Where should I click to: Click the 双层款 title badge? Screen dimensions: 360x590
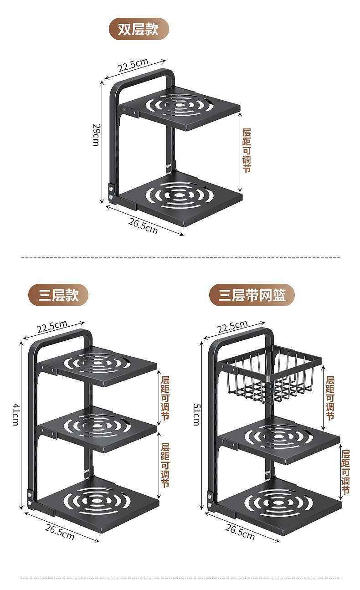click(x=139, y=29)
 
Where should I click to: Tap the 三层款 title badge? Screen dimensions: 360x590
click(x=58, y=295)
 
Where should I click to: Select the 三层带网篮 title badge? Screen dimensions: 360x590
click(x=252, y=295)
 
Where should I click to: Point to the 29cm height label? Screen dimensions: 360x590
click(x=96, y=134)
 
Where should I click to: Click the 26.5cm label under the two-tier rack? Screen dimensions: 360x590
click(x=143, y=226)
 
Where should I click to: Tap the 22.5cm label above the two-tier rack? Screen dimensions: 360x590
click(x=133, y=65)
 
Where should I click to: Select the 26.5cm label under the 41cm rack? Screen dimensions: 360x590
click(x=60, y=532)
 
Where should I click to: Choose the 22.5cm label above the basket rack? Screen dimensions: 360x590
click(x=232, y=327)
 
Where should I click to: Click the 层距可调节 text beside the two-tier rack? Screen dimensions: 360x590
click(x=247, y=150)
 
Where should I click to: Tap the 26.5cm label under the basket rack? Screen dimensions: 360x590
click(x=240, y=532)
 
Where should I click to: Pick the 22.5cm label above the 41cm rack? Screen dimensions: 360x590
click(x=52, y=327)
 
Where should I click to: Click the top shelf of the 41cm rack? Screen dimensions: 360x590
click(x=98, y=364)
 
